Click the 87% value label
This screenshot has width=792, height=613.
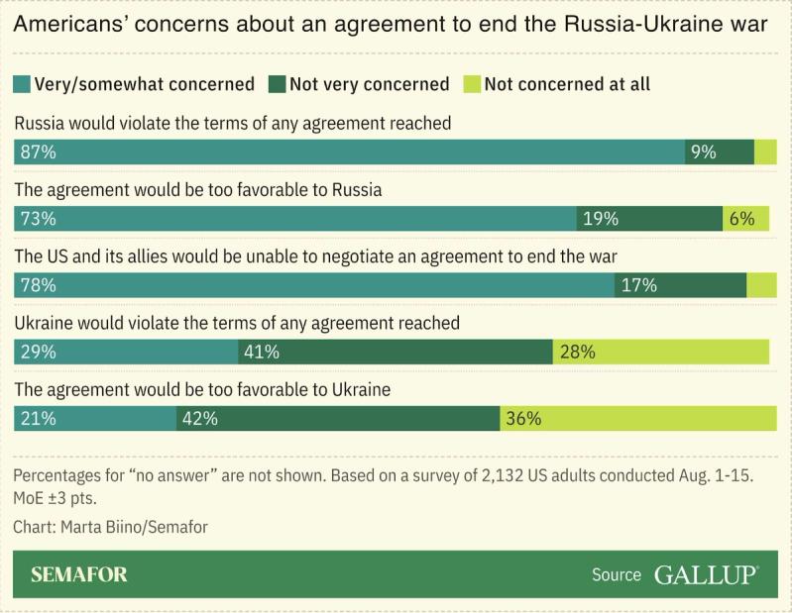click(36, 153)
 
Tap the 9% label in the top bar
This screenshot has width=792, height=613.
click(703, 153)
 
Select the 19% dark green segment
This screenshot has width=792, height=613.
click(649, 219)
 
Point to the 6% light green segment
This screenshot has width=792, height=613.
click(745, 219)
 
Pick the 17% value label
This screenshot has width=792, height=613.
click(639, 285)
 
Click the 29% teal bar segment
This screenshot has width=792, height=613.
click(126, 352)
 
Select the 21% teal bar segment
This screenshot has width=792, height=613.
click(95, 418)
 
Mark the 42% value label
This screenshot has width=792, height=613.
click(199, 418)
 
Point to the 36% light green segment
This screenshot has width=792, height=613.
click(634, 418)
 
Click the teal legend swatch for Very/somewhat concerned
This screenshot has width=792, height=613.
click(22, 84)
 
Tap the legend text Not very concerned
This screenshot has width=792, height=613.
click(369, 84)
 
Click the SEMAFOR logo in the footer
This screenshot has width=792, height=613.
click(79, 575)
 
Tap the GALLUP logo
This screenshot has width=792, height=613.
click(706, 575)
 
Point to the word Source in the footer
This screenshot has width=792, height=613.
click(616, 575)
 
